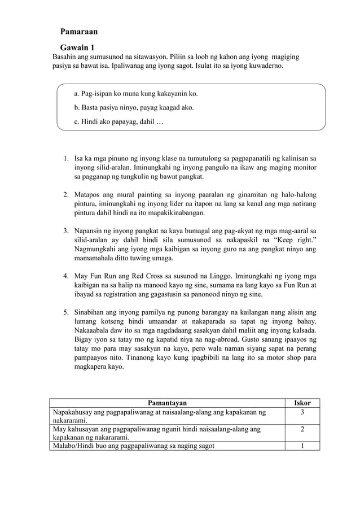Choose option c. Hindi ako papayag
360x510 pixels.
pos(118,121)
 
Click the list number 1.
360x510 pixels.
pos(65,151)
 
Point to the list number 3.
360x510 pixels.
pos(65,230)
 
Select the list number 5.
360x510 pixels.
pos(65,312)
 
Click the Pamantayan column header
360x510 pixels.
pos(167,403)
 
